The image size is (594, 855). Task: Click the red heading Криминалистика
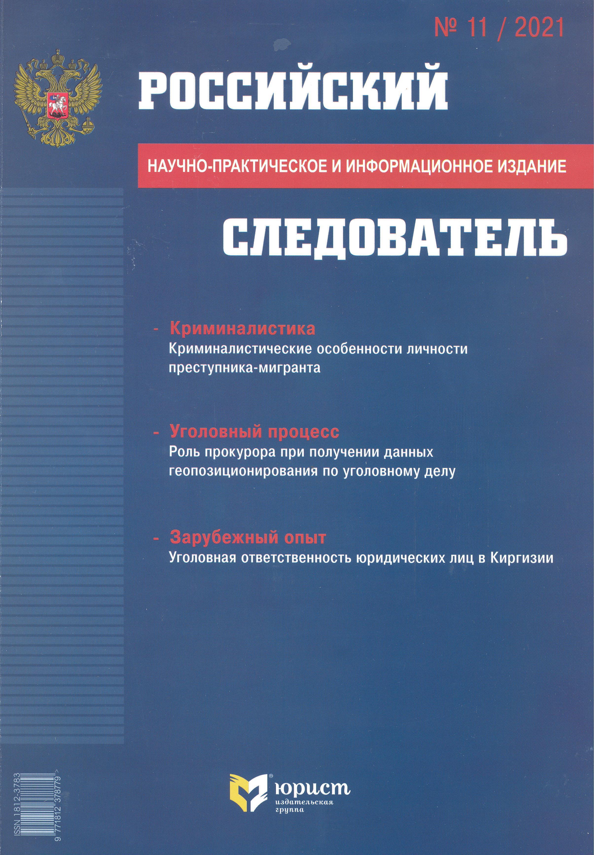pyautogui.click(x=242, y=329)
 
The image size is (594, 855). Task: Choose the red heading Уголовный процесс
pyautogui.click(x=254, y=432)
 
